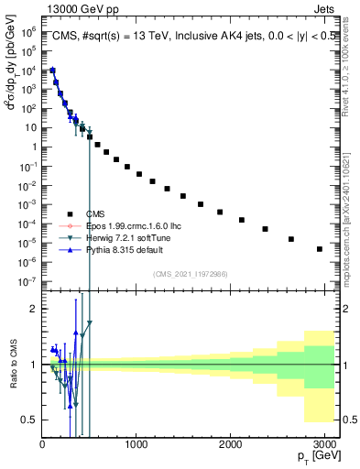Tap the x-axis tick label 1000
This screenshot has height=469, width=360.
(136, 443)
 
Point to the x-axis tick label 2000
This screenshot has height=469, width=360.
(230, 443)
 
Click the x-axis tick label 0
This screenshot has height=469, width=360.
(42, 443)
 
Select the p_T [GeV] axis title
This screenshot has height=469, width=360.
(314, 457)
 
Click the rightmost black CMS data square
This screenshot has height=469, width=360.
(319, 248)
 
